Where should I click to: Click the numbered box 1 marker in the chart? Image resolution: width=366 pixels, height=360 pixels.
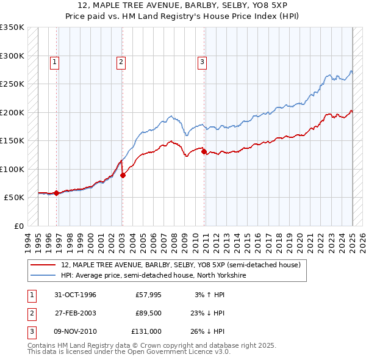click(x=55, y=61)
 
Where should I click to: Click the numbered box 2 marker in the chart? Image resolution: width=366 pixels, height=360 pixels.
click(x=121, y=61)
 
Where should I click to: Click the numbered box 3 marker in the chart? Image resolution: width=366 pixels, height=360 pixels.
click(x=202, y=61)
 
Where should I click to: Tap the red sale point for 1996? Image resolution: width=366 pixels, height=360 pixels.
click(x=57, y=193)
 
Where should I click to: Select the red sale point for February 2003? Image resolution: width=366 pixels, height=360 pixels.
click(x=123, y=175)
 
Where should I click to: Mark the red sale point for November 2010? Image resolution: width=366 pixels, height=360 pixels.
click(x=204, y=152)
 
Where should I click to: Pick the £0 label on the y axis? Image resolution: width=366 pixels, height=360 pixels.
click(x=18, y=226)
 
